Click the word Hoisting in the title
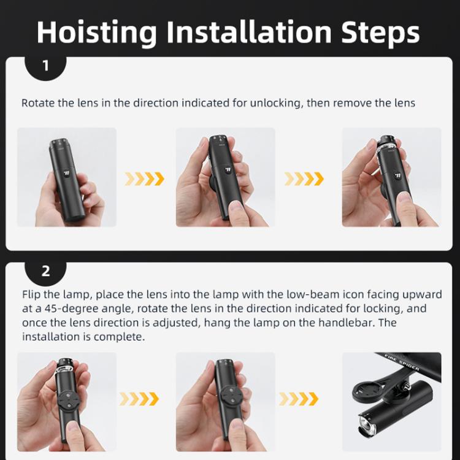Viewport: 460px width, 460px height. [96, 33]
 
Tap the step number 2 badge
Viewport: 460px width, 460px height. [45, 271]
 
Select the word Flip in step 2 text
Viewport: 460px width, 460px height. [31, 294]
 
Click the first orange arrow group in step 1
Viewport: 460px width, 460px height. [144, 179]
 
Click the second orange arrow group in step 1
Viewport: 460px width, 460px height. [304, 179]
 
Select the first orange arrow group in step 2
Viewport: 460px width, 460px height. [139, 399]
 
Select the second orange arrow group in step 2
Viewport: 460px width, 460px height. [299, 399]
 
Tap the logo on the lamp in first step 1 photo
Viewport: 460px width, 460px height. [67, 173]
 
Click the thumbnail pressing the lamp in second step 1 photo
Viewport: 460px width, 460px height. [236, 205]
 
